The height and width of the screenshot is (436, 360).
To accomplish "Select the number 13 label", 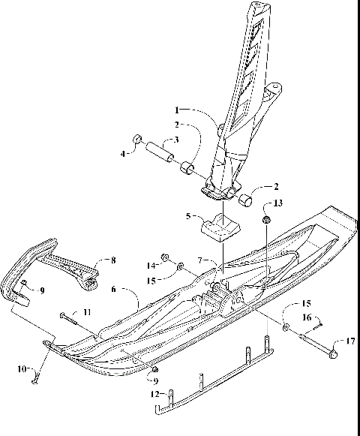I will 280,203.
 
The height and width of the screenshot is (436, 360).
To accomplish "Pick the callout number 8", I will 113,260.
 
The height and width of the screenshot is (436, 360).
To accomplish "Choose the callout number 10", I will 22,368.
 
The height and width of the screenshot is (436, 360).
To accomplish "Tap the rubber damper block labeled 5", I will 218,227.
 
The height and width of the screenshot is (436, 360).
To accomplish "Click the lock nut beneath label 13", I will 266,220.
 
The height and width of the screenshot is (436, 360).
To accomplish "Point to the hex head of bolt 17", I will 334,349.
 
